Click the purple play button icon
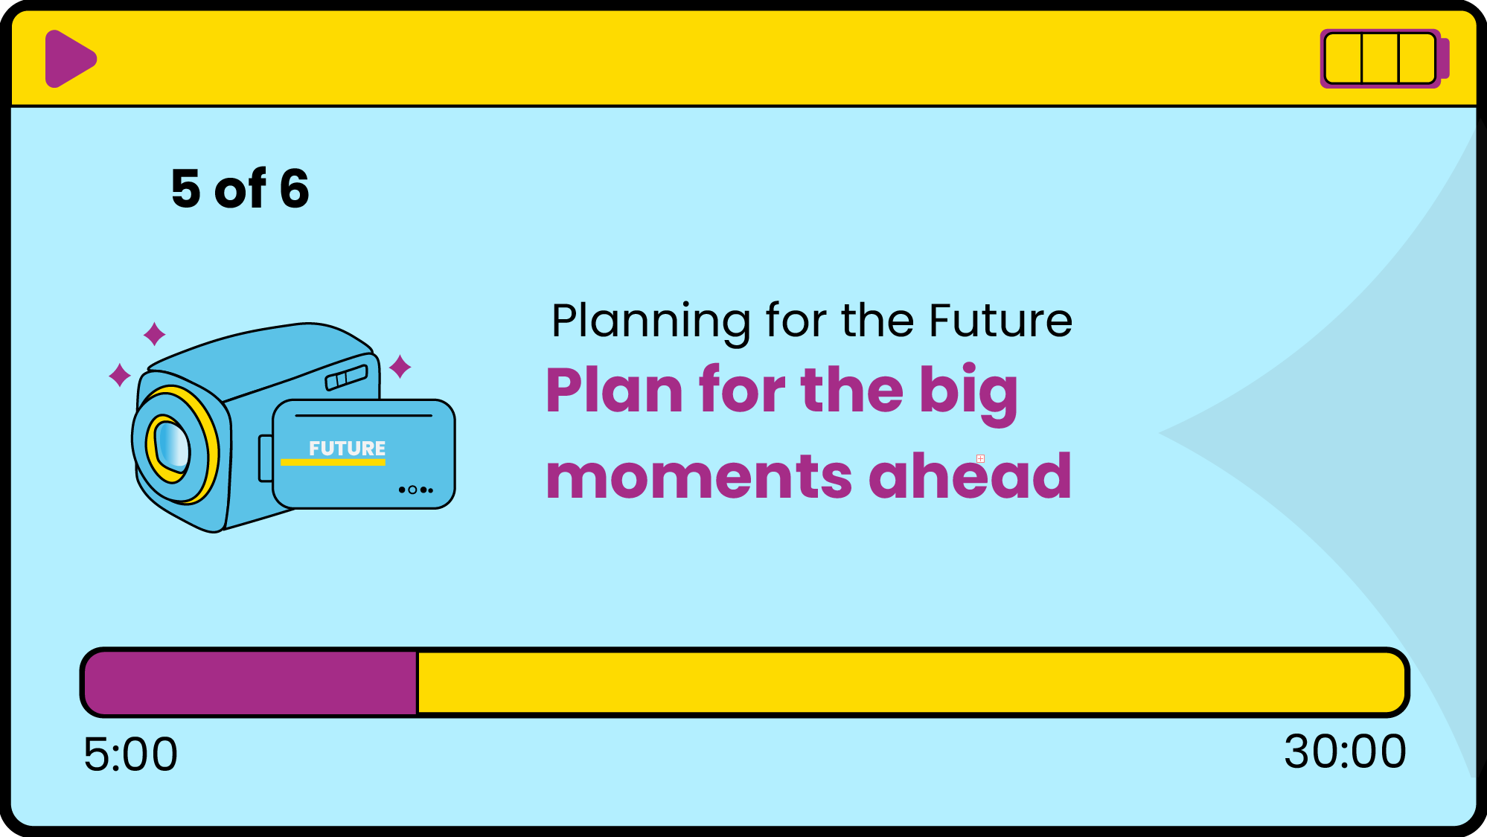pyautogui.click(x=69, y=59)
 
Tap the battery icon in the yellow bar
pyautogui.click(x=1384, y=59)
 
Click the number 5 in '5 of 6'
pyautogui.click(x=186, y=188)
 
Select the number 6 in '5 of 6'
pyautogui.click(x=295, y=188)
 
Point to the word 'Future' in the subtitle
pyautogui.click(x=1001, y=321)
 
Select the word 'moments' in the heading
pyautogui.click(x=699, y=477)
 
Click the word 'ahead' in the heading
pyautogui.click(x=970, y=475)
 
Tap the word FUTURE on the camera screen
pyautogui.click(x=348, y=448)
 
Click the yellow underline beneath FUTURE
pyautogui.click(x=333, y=463)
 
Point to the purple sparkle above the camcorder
pyautogui.click(x=154, y=334)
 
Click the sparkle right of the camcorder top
pyautogui.click(x=400, y=366)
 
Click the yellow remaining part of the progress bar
pyautogui.click(x=912, y=682)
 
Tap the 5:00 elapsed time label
pyautogui.click(x=131, y=754)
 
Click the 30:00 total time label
pyautogui.click(x=1346, y=751)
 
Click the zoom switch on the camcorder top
pyautogui.click(x=347, y=377)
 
